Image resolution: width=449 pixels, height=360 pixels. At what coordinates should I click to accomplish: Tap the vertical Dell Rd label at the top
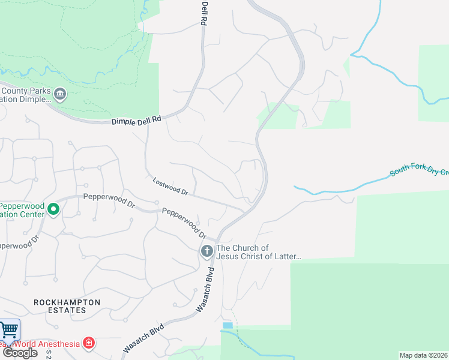[204, 12]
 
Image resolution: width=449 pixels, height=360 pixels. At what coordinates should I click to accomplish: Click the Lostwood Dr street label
[170, 186]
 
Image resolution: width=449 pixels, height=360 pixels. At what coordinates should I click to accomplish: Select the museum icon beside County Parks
[60, 94]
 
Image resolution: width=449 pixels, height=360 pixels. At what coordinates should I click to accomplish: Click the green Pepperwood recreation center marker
[53, 209]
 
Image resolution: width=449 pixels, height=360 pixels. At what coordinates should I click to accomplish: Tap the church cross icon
[206, 251]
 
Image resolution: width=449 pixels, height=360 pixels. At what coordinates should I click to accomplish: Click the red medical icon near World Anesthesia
[89, 343]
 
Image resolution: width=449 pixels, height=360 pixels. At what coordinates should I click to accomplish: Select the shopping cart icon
[8, 329]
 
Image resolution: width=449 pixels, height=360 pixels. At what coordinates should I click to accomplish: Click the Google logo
[19, 353]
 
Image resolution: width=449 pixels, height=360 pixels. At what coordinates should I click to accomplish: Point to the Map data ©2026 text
[424, 355]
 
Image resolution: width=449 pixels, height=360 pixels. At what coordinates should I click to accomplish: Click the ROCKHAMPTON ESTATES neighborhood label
[67, 306]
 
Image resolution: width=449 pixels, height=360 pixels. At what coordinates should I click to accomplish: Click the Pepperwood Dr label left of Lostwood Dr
[109, 199]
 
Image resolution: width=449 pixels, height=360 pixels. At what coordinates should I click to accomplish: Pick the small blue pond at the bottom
[228, 325]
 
